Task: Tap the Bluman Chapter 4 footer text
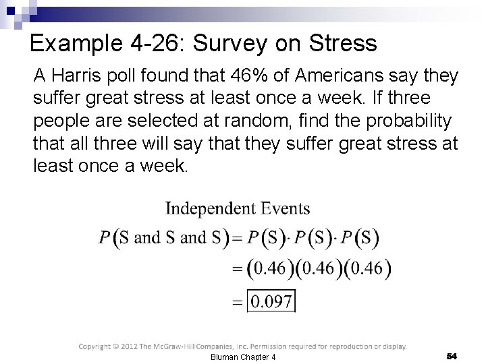[242, 356]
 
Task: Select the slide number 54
[452, 355]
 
